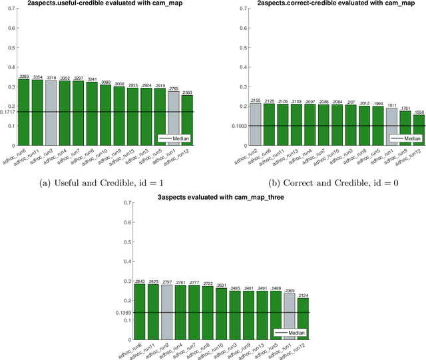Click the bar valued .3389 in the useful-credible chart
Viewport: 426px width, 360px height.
click(24, 113)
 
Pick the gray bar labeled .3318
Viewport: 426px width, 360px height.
click(51, 114)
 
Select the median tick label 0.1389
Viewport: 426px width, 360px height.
click(124, 313)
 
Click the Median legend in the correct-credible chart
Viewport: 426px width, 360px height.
click(404, 138)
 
